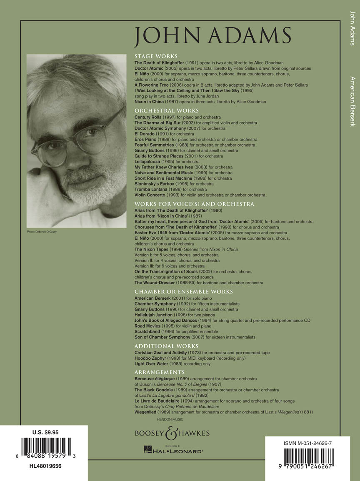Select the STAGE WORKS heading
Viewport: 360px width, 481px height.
(x=156, y=56)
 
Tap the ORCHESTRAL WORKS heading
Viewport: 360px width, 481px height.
(x=165, y=111)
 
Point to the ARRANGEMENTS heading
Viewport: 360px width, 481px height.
(x=160, y=372)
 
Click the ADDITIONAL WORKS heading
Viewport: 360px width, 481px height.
(x=166, y=346)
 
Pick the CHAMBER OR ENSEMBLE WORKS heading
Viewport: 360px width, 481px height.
(x=184, y=292)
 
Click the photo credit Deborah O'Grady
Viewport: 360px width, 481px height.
(x=42, y=231)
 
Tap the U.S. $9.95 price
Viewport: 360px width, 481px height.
(x=43, y=432)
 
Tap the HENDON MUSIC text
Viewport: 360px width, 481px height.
(x=170, y=419)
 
